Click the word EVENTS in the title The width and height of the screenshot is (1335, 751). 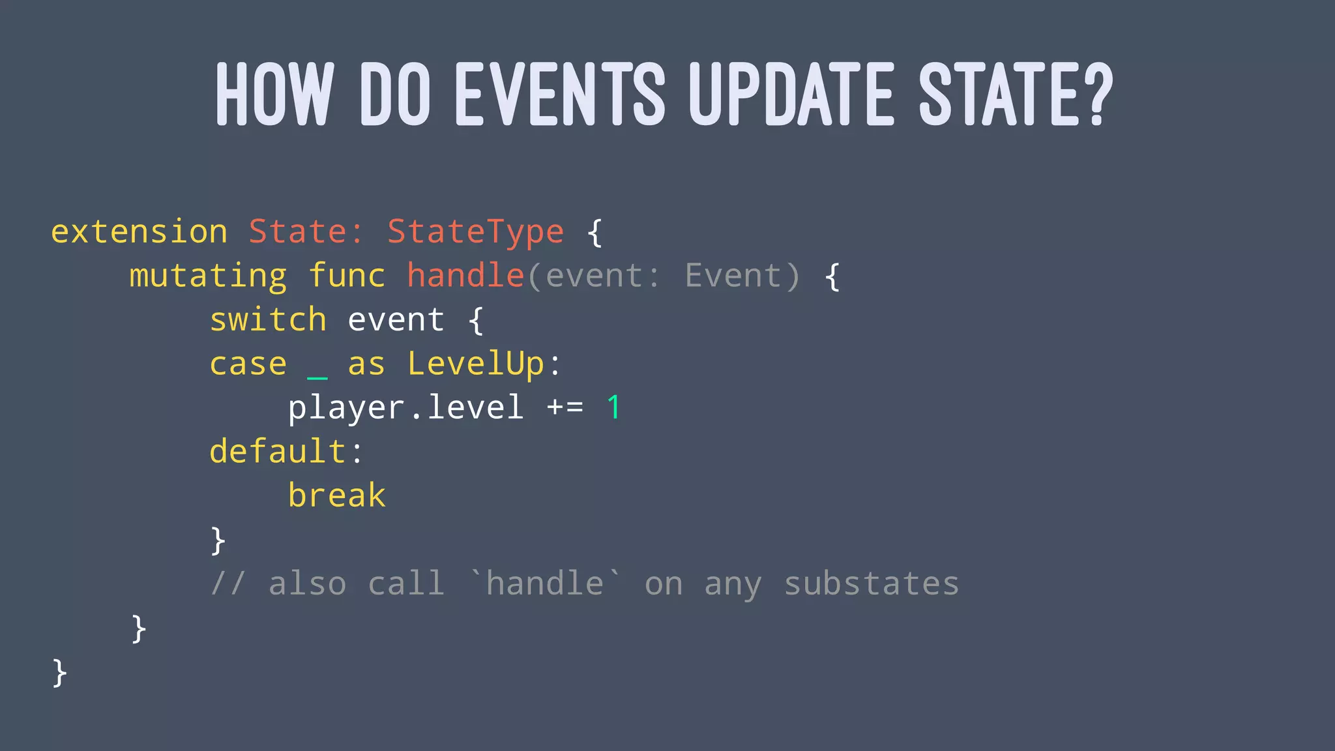[x=560, y=95]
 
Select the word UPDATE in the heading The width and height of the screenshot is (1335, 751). [x=791, y=95]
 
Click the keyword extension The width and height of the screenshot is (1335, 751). [x=139, y=232]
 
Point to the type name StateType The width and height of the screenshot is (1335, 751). [x=475, y=232]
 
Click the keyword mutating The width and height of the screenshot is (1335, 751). [x=208, y=276]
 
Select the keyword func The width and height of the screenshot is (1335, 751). [x=347, y=276]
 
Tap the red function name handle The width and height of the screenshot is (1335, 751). [x=465, y=276]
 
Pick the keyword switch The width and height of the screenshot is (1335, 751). [x=268, y=320]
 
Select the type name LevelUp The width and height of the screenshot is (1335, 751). [x=475, y=364]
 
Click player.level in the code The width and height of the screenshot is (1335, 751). [x=405, y=408]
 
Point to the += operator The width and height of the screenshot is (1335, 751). [x=565, y=408]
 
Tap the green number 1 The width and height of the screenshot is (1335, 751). [x=613, y=408]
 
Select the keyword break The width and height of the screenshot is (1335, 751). [x=337, y=496]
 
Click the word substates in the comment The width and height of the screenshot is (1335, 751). [x=871, y=584]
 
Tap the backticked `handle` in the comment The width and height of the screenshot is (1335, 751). [x=546, y=583]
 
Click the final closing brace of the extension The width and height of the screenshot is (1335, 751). [x=59, y=673]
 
